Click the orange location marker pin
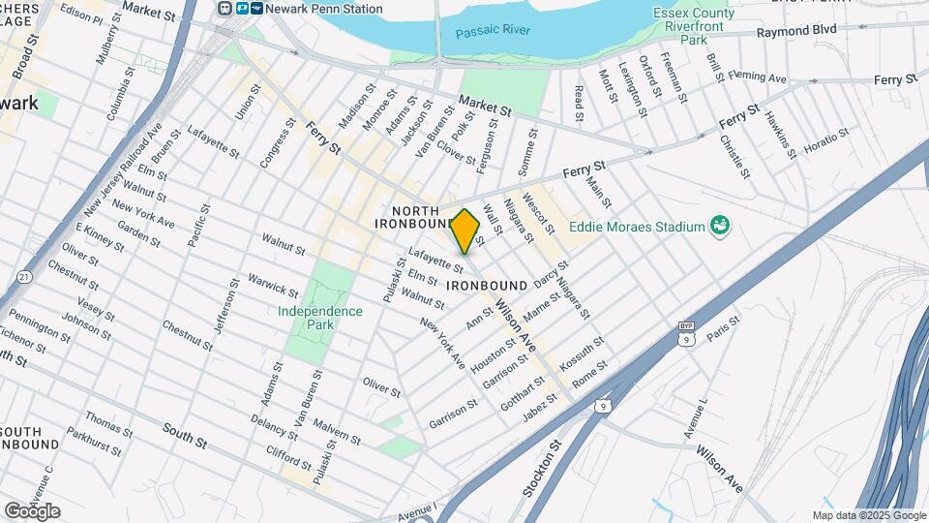click(x=465, y=231)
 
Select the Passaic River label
click(x=494, y=31)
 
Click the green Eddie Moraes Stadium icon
click(x=720, y=226)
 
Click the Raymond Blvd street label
click(x=795, y=32)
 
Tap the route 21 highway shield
click(x=24, y=277)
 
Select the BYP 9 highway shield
click(x=686, y=333)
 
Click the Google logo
click(x=32, y=510)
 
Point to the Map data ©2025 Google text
click(x=869, y=515)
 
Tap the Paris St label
click(x=722, y=327)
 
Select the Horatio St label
click(x=827, y=142)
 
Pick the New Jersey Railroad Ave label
click(x=124, y=169)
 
